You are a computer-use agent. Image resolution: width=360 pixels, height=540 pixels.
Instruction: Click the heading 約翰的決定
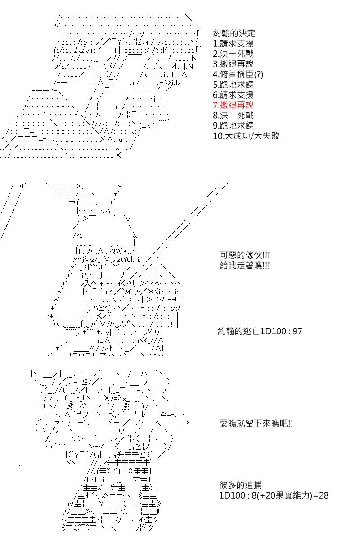pyautogui.click(x=234, y=33)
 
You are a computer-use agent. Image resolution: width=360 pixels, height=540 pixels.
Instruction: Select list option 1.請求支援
pyautogui.click(x=233, y=44)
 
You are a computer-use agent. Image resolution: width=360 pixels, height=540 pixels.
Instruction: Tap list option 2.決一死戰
pyautogui.click(x=233, y=54)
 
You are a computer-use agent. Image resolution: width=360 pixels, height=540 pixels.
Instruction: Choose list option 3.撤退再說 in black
pyautogui.click(x=233, y=64)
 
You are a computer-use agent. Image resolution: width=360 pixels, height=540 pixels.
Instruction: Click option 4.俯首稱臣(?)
pyautogui.click(x=238, y=75)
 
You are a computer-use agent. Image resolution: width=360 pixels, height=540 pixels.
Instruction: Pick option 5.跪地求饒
pyautogui.click(x=233, y=85)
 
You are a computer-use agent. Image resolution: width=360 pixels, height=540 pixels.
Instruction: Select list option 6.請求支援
pyautogui.click(x=233, y=95)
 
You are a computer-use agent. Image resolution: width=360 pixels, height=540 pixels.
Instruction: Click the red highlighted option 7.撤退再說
pyautogui.click(x=233, y=105)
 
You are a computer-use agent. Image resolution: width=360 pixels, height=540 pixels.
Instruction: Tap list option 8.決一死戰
pyautogui.click(x=233, y=116)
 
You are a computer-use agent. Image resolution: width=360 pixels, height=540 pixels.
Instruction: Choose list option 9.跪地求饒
pyautogui.click(x=233, y=126)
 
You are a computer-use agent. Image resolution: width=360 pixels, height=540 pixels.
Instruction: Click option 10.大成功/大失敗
pyautogui.click(x=246, y=136)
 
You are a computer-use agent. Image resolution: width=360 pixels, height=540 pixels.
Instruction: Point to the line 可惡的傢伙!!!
pyautogui.click(x=245, y=255)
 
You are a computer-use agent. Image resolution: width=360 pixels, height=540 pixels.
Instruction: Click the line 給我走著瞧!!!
pyautogui.click(x=245, y=265)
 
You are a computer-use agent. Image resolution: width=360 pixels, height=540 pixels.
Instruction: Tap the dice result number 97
pyautogui.click(x=297, y=331)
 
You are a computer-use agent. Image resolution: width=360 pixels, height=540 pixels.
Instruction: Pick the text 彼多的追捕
pyautogui.click(x=240, y=485)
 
